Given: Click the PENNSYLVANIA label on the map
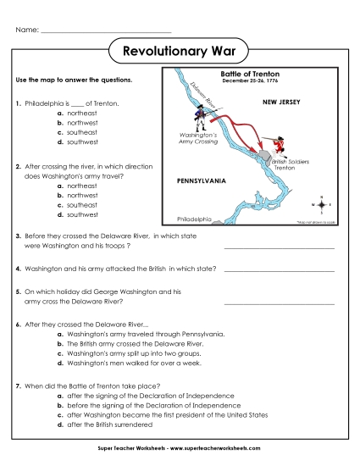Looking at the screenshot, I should tap(201, 180).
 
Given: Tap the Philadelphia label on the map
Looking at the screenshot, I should tap(193, 218).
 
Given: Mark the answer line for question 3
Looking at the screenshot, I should tap(279, 247).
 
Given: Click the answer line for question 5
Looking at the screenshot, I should tap(279, 302).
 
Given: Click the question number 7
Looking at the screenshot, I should tap(18, 386).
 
